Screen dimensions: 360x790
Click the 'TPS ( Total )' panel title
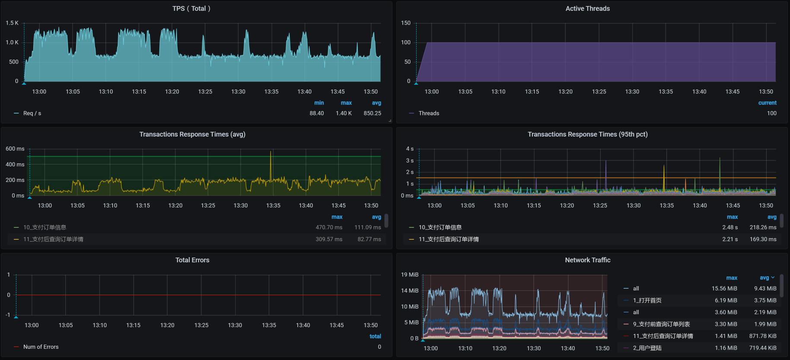click(x=191, y=9)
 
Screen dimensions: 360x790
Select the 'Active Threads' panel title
click(x=587, y=9)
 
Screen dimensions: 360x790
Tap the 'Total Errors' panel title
click(x=192, y=260)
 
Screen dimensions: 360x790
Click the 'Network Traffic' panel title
click(x=587, y=260)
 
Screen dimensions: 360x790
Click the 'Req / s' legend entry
click(x=32, y=113)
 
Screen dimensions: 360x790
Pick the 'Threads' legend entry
click(x=429, y=113)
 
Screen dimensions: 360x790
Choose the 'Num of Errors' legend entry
click(x=41, y=347)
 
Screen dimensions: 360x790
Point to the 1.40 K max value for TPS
click(x=344, y=113)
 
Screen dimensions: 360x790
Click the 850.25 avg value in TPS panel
click(x=372, y=113)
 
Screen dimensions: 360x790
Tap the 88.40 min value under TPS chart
click(x=316, y=113)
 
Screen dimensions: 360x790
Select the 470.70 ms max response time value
click(x=328, y=227)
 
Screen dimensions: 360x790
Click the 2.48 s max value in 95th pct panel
click(x=729, y=227)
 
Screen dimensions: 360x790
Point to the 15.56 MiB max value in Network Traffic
click(x=724, y=289)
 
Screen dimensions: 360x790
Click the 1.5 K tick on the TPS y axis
click(x=12, y=23)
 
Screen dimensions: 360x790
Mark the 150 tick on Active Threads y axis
click(x=405, y=23)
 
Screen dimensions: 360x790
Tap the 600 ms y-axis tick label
click(x=15, y=149)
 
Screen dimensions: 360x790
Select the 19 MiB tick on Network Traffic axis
click(x=410, y=275)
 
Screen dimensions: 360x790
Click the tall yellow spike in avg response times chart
click(x=271, y=162)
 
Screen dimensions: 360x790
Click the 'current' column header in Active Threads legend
click(x=767, y=103)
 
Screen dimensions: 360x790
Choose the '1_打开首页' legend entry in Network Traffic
click(x=647, y=300)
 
